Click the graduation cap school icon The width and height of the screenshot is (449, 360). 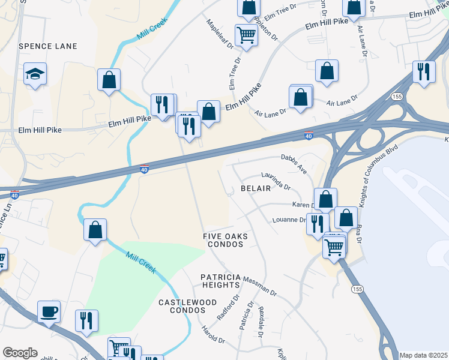[35, 74]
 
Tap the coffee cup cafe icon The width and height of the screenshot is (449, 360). [49, 312]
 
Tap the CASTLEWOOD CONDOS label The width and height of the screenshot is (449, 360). [181, 306]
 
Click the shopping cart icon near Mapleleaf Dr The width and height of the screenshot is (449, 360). [246, 35]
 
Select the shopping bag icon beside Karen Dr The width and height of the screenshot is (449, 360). [325, 199]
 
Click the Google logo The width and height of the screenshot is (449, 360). [20, 353]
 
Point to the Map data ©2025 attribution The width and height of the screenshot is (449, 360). [423, 355]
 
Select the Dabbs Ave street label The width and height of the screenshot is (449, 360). [294, 164]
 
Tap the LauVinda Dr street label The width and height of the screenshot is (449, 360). [276, 181]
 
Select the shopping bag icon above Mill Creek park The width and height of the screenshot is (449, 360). [95, 230]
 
